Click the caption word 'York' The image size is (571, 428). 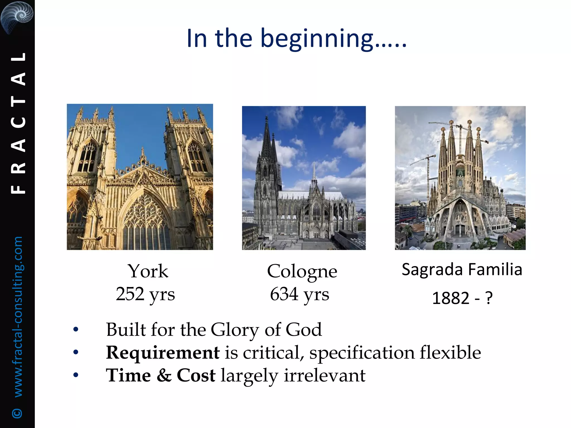[x=148, y=271]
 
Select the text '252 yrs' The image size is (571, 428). [x=145, y=294]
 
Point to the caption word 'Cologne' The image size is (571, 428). [x=302, y=271]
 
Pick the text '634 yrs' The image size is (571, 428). [x=299, y=294]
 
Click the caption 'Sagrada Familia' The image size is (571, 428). [x=462, y=270]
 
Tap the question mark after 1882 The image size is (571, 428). [x=489, y=298]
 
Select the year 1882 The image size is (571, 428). [x=451, y=298]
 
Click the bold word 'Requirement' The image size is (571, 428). [x=163, y=352]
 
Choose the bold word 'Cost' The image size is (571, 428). [x=196, y=375]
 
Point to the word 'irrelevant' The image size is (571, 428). [x=325, y=375]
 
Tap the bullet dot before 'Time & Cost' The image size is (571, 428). [x=76, y=375]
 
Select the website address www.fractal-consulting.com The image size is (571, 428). [x=18, y=316]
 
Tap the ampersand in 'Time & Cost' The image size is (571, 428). [x=164, y=375]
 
